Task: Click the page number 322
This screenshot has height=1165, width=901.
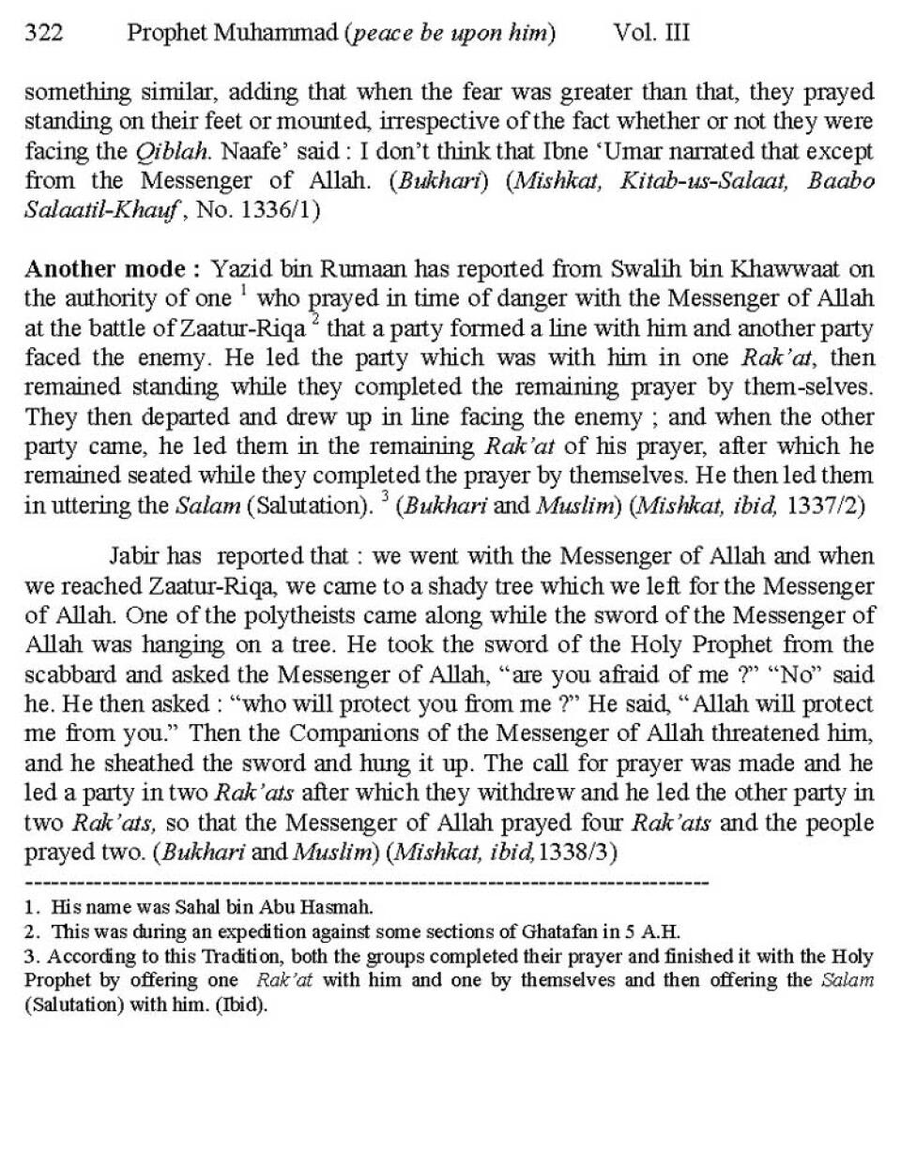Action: [x=43, y=34]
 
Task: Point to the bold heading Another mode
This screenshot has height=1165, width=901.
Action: [x=112, y=269]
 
